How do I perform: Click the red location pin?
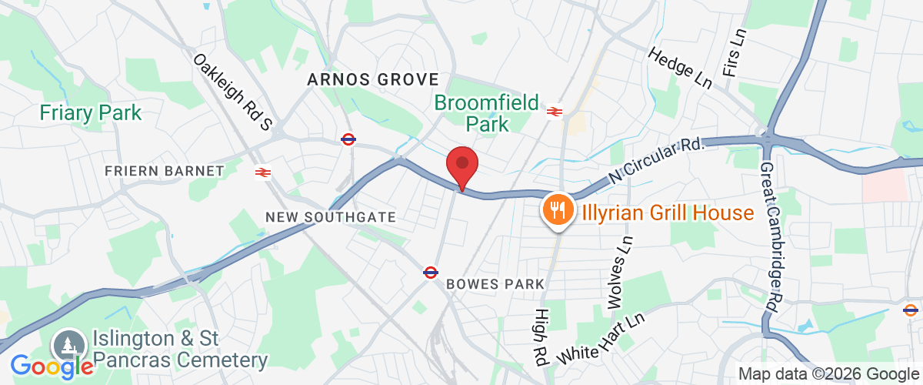pyautogui.click(x=462, y=164)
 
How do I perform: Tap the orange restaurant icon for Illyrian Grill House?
pyautogui.click(x=558, y=208)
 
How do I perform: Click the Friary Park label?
pyautogui.click(x=91, y=113)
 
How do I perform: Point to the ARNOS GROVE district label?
pyautogui.click(x=373, y=79)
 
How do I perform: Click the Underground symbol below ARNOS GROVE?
pyautogui.click(x=348, y=139)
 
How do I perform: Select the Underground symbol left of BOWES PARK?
pyautogui.click(x=431, y=272)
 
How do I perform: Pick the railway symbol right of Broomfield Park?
pyautogui.click(x=553, y=112)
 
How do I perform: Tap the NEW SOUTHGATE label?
pyautogui.click(x=331, y=218)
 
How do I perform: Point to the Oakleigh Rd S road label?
pyautogui.click(x=233, y=91)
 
